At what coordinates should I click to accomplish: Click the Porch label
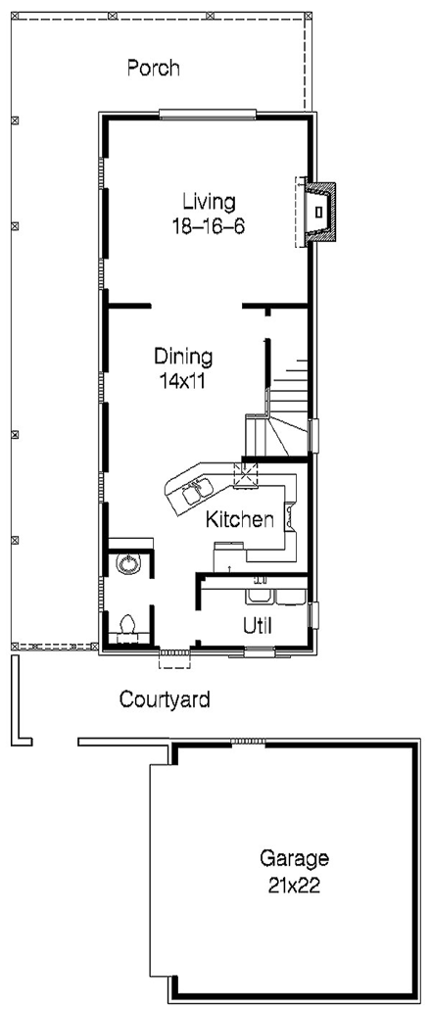pyautogui.click(x=154, y=69)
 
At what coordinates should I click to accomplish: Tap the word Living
pyautogui.click(x=209, y=202)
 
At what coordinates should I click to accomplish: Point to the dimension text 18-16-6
pyautogui.click(x=209, y=224)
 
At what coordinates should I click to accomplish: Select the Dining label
pyautogui.click(x=184, y=356)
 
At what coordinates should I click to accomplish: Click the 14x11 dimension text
pyautogui.click(x=184, y=378)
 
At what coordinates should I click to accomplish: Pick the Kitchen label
pyautogui.click(x=239, y=520)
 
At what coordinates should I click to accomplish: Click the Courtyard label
pyautogui.click(x=165, y=699)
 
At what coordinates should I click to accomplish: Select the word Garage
pyautogui.click(x=294, y=859)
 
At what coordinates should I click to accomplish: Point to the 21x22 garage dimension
pyautogui.click(x=294, y=888)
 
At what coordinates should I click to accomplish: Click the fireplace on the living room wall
pyautogui.click(x=319, y=212)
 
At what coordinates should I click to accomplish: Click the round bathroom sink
pyautogui.click(x=126, y=562)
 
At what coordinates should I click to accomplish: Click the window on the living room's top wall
pyautogui.click(x=209, y=115)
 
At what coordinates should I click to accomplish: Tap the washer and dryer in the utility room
pyautogui.click(x=274, y=594)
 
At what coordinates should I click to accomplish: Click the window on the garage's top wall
pyautogui.click(x=244, y=742)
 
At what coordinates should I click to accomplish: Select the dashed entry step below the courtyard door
pyautogui.click(x=174, y=661)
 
